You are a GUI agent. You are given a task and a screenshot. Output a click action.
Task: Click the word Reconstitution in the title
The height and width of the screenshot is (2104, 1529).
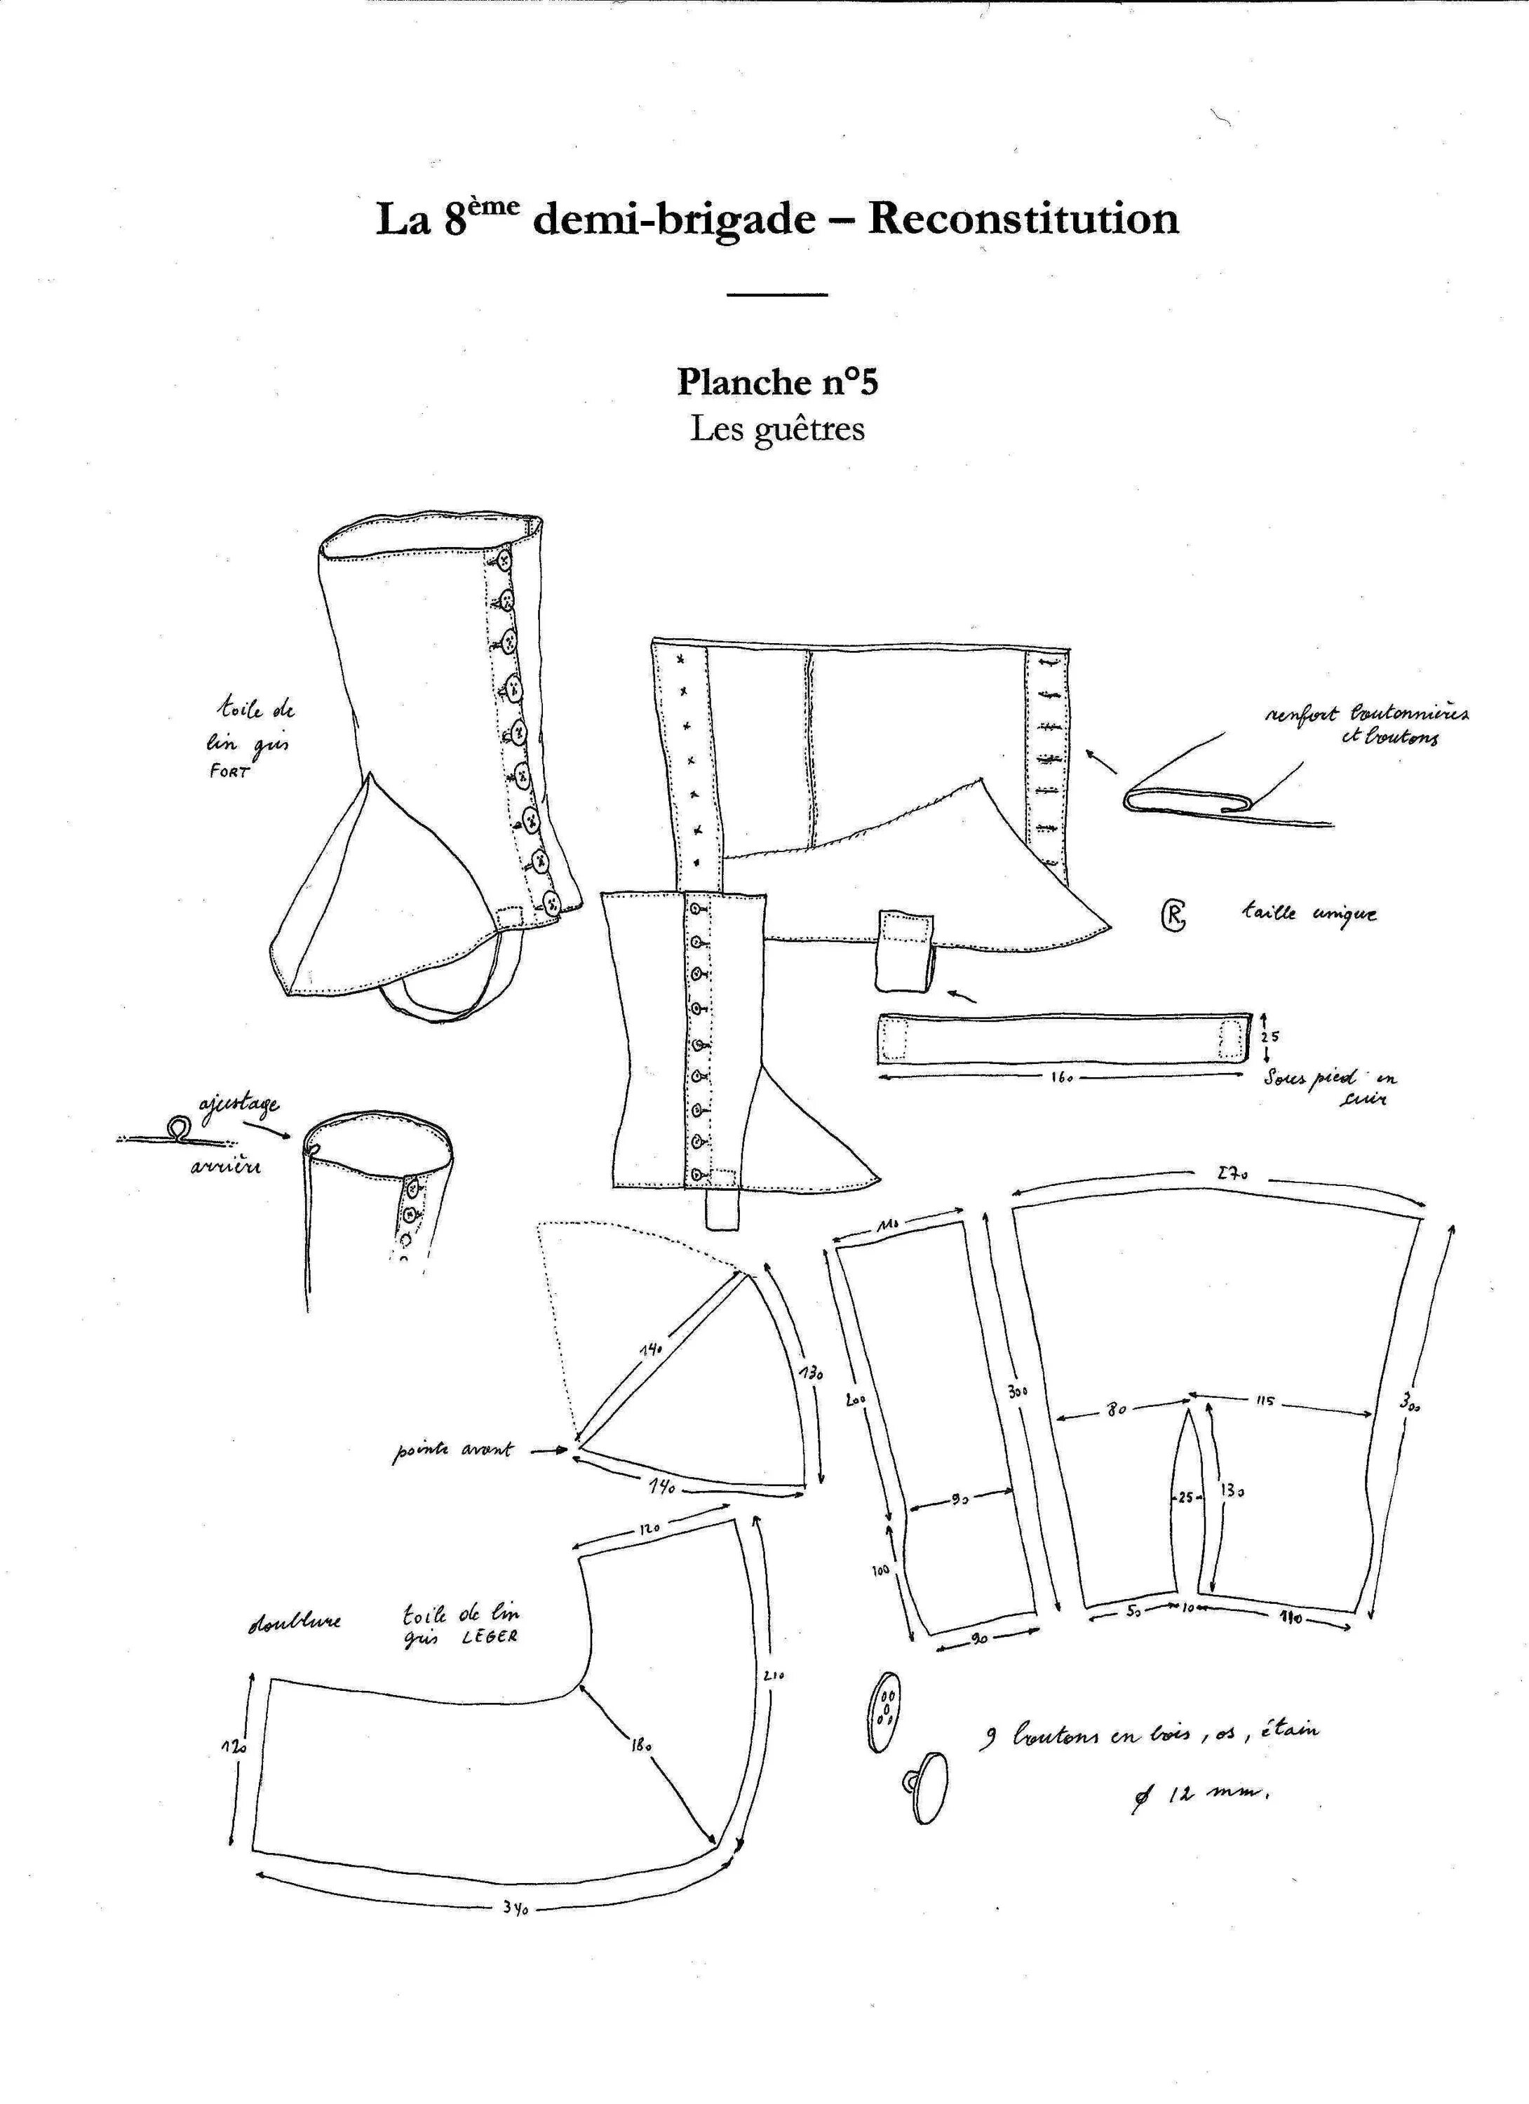(x=1023, y=219)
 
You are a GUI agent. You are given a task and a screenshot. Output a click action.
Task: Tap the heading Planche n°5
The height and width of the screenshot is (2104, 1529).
(x=778, y=382)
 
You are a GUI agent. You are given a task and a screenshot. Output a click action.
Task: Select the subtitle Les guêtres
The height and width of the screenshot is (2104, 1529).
(x=778, y=429)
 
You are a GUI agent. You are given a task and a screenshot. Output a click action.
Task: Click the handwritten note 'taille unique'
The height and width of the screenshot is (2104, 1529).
(x=1309, y=913)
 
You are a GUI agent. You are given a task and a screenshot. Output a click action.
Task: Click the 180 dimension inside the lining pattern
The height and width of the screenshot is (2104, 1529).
(x=640, y=1744)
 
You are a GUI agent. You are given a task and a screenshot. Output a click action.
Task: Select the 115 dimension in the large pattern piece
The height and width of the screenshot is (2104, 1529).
(x=1265, y=1401)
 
